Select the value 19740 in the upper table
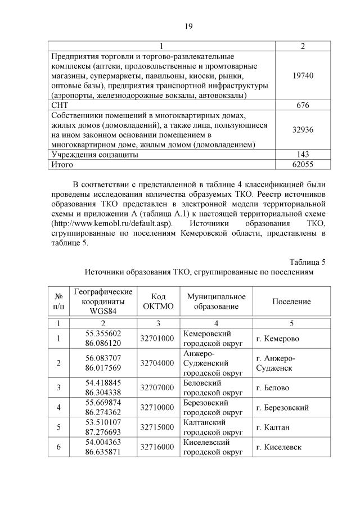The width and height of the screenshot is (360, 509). click(x=303, y=74)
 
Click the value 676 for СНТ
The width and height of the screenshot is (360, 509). click(x=303, y=105)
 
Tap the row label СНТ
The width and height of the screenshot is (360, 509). click(x=60, y=105)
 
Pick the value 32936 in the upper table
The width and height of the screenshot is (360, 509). click(x=303, y=129)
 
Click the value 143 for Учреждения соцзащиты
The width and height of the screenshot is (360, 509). click(x=303, y=154)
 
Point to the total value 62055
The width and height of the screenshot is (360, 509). click(x=303, y=164)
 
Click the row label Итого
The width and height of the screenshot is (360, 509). click(x=62, y=164)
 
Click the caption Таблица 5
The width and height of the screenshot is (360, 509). click(x=307, y=262)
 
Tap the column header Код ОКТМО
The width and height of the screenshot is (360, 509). click(x=159, y=301)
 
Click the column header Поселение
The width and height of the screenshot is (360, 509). click(x=291, y=301)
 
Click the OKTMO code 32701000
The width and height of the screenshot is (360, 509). click(x=159, y=339)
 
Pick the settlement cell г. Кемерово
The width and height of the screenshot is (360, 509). click(x=277, y=339)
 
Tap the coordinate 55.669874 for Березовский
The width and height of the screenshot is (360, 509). click(x=103, y=403)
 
